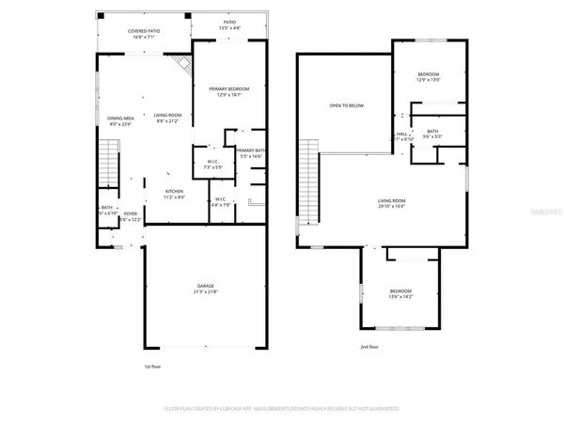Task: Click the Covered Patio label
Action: point(144,31)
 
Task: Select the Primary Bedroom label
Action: point(229,88)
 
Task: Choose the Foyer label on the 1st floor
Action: point(131,213)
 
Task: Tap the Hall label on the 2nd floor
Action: point(401,134)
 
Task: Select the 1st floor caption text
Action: point(153,367)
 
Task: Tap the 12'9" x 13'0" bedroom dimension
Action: point(428,80)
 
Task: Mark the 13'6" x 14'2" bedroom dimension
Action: point(401,298)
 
